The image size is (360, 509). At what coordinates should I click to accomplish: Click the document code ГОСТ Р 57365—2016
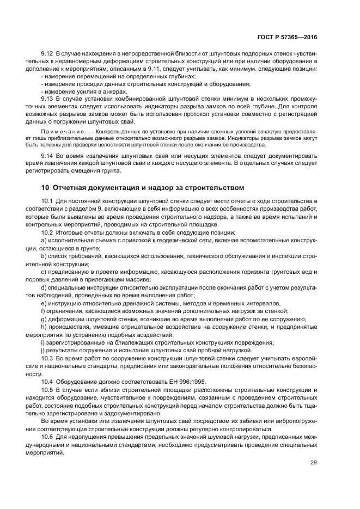(x=287, y=38)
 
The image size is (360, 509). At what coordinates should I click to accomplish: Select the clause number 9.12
(x=47, y=54)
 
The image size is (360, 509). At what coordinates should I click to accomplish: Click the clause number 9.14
(x=47, y=156)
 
